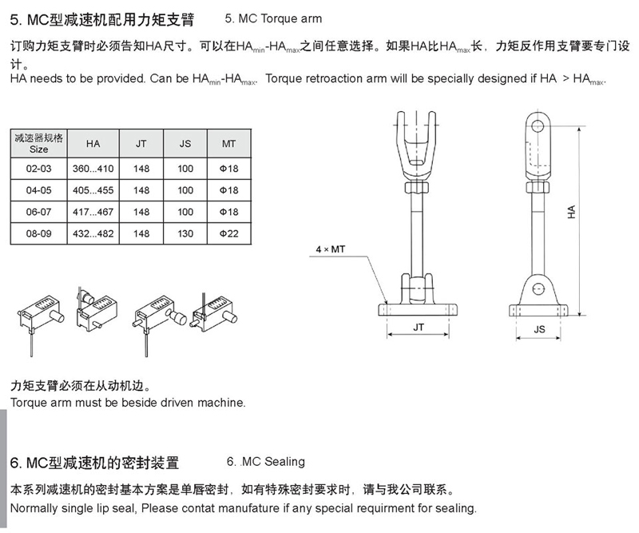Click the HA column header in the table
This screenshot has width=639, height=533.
(x=93, y=144)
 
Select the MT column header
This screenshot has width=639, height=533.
(x=228, y=144)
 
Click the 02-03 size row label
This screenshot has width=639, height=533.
(x=38, y=169)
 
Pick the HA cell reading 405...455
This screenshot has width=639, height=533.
(x=93, y=190)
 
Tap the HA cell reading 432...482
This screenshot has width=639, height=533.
(x=93, y=233)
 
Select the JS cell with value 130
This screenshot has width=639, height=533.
(x=185, y=233)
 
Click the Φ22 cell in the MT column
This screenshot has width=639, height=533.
(x=228, y=233)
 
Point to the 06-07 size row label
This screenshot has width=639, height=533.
(x=38, y=212)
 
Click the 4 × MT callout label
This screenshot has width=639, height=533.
(x=331, y=249)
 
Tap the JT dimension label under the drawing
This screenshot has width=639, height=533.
(x=419, y=328)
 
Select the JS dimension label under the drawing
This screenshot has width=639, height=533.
(x=540, y=329)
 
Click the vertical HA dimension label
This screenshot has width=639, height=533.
(x=571, y=212)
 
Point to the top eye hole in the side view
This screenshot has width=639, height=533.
(x=538, y=125)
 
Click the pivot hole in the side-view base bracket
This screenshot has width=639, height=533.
(x=538, y=289)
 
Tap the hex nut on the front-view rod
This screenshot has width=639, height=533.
(x=416, y=188)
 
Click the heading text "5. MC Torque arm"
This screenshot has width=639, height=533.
(x=273, y=18)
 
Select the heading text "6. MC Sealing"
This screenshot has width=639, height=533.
(x=266, y=462)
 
